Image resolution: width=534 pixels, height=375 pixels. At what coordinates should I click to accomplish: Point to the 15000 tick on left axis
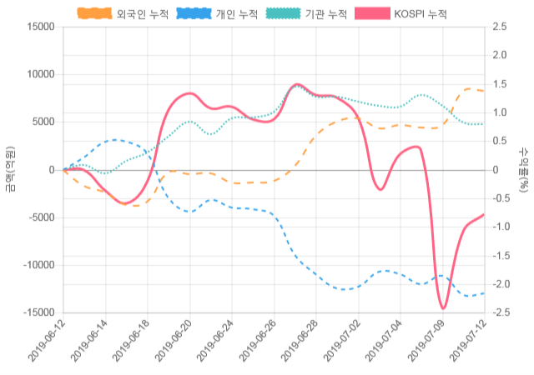38,27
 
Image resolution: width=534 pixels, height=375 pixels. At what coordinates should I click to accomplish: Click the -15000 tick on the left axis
36,312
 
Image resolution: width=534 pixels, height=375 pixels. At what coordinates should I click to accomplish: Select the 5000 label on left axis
41,122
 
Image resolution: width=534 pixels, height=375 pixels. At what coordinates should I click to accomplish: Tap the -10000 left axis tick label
36,265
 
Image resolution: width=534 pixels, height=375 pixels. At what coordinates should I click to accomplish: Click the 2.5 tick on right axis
501,27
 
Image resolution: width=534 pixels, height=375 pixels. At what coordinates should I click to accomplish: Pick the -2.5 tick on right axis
502,312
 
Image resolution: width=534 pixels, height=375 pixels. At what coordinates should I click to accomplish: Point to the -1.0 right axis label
502,227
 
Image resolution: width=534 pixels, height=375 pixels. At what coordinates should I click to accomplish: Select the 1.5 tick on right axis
501,84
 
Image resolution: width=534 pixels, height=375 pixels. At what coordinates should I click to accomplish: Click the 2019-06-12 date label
47,342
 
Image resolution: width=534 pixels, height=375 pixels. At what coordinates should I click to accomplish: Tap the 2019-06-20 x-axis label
173,342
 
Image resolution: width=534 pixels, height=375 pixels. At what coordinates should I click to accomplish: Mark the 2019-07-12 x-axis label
466,342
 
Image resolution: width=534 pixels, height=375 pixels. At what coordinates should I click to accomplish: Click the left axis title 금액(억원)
10,169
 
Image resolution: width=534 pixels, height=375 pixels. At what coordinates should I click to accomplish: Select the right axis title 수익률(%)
523,169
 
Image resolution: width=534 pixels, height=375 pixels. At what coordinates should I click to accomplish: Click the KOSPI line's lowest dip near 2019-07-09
443,308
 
